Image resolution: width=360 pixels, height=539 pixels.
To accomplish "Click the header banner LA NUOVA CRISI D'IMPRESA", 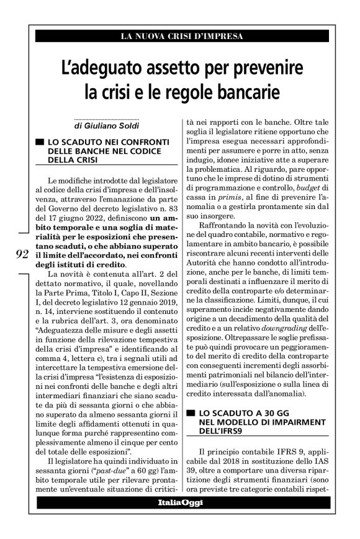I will click(x=180, y=36).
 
